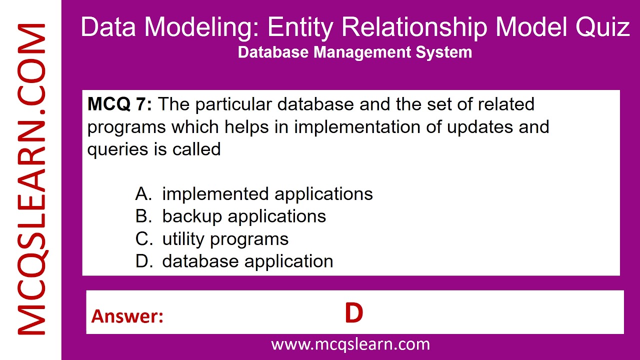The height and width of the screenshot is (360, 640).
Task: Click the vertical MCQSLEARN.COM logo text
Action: pos(31,179)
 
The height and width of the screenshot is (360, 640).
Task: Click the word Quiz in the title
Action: pos(603,27)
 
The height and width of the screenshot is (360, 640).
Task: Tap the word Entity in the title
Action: pos(300,27)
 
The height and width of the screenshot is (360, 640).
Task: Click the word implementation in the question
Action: pos(357,127)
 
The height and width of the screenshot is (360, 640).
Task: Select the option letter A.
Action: pos(143,194)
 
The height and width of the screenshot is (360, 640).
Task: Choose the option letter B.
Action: pos(143,216)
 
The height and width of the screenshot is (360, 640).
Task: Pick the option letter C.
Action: pos(144,239)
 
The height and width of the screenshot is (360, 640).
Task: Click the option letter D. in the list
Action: pos(144,261)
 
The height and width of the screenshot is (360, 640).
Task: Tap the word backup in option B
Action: pos(192,217)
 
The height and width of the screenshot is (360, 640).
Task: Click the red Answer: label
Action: pos(127,316)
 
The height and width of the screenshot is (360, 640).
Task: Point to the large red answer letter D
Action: pos(353,313)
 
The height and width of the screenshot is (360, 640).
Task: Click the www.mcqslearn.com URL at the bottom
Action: pos(350,344)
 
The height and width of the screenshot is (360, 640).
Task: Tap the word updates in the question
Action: pos(480,127)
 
